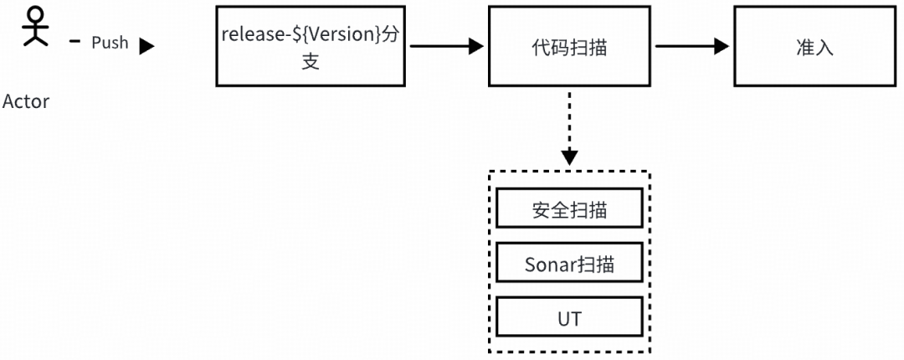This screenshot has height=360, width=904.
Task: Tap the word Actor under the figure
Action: (26, 101)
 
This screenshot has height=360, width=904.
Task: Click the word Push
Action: (110, 43)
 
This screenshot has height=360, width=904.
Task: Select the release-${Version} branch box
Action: (310, 48)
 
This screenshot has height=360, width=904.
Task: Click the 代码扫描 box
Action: (569, 48)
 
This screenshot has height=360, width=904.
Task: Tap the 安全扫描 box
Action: (569, 209)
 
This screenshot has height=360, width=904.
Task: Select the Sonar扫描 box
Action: (569, 265)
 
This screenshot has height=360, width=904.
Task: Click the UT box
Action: (569, 319)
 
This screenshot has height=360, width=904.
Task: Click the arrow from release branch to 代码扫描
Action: (444, 47)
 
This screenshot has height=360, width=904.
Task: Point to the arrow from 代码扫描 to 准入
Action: (691, 47)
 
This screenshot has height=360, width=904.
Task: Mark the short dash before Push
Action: (74, 42)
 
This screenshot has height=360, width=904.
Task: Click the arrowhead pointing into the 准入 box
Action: (722, 47)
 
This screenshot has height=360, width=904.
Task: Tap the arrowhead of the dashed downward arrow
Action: (569, 157)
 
